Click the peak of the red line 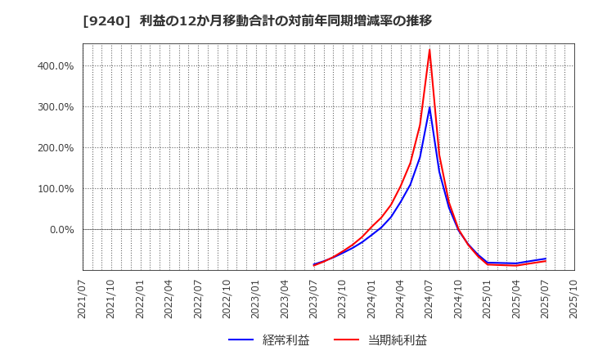(429, 50)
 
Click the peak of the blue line (429, 107)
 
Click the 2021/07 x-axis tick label (83, 299)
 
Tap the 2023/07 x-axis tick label (314, 299)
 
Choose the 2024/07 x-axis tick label (429, 299)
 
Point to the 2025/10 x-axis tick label (574, 299)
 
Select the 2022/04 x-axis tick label (169, 299)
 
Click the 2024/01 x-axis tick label (371, 299)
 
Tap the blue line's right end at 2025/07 (545, 259)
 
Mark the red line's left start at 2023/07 (314, 266)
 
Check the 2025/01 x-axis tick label (488, 299)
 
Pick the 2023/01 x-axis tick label (256, 299)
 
